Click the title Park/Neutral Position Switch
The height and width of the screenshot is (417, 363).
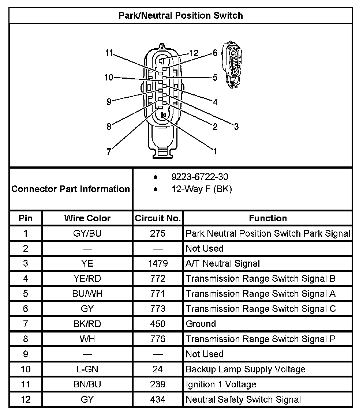(x=181, y=15)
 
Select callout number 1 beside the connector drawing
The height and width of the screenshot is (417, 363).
(x=216, y=151)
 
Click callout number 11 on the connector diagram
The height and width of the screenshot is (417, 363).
(x=109, y=53)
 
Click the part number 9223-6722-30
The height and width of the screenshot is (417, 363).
(x=200, y=177)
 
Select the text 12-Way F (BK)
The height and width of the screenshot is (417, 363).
(x=202, y=189)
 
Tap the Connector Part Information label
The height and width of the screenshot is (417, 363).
(x=71, y=189)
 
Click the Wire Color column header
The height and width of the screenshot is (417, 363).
(x=87, y=218)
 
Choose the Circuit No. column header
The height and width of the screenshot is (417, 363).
(x=158, y=218)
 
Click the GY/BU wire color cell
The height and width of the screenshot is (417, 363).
(x=87, y=233)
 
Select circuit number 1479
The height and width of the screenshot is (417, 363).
(x=158, y=263)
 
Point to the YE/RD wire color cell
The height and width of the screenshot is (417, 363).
(x=87, y=278)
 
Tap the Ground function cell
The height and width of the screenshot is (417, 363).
(x=201, y=324)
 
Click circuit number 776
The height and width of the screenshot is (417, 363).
(x=158, y=339)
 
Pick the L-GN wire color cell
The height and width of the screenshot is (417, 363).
(x=87, y=369)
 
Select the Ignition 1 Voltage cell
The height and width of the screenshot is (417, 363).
(x=221, y=384)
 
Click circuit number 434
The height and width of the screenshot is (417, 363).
(x=158, y=399)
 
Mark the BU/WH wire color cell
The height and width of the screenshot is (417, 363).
(x=87, y=294)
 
